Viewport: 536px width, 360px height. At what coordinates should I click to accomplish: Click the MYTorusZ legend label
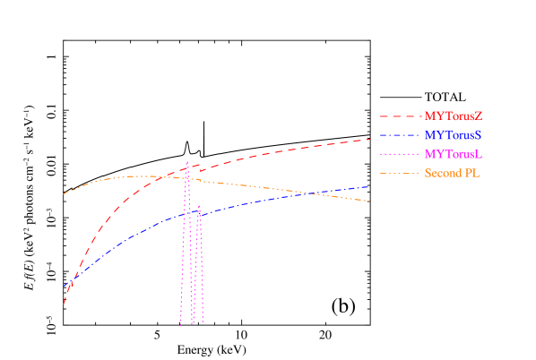[x=454, y=116]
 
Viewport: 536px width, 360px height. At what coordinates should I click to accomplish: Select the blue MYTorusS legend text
[x=454, y=135]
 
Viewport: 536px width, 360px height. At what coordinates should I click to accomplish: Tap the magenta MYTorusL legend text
[x=454, y=154]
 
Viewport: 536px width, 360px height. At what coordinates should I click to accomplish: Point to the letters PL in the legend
[x=472, y=173]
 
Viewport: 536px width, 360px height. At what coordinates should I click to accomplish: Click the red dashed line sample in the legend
[x=400, y=116]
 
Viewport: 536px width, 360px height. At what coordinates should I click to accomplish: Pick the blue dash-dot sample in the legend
[x=400, y=135]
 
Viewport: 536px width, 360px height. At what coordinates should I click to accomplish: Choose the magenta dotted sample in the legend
[x=400, y=154]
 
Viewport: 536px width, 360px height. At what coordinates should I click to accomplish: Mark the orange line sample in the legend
[x=400, y=173]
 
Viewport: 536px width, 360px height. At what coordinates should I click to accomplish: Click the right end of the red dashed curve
[x=370, y=140]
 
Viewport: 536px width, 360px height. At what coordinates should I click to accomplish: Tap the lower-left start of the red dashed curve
[x=64, y=304]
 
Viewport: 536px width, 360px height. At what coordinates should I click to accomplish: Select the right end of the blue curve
[x=369, y=186]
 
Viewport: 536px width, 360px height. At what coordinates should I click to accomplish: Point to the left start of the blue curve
[x=64, y=287]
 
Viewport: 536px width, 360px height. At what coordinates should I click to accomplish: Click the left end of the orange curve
[x=64, y=193]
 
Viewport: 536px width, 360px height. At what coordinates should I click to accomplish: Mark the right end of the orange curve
[x=369, y=201]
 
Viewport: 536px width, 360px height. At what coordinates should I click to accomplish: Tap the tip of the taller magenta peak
[x=186, y=162]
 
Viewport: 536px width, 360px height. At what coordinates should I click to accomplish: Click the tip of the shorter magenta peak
[x=198, y=207]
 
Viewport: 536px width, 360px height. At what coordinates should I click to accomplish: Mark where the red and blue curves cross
[x=70, y=285]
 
